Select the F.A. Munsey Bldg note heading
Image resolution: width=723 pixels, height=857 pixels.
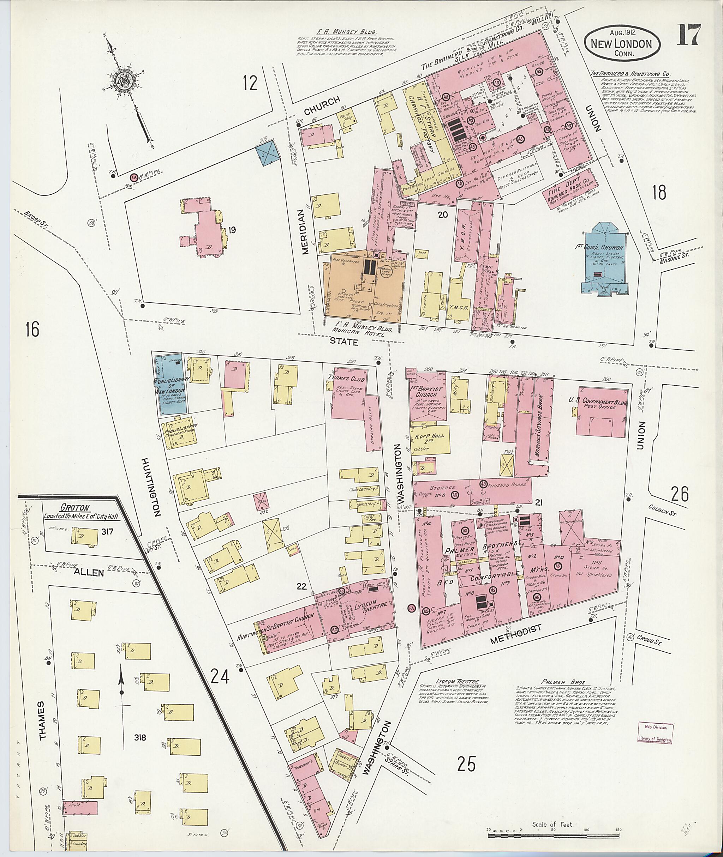click(x=346, y=31)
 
